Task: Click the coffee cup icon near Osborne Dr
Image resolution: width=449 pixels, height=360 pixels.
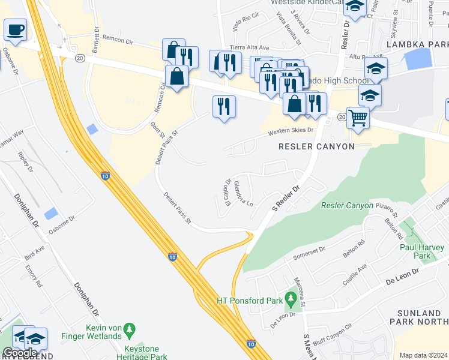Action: tap(15, 29)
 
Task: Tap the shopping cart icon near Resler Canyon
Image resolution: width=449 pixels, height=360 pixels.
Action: tap(358, 117)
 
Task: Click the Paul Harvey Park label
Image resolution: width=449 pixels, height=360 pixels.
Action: tap(422, 251)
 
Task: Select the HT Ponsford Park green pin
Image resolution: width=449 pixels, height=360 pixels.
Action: tap(291, 298)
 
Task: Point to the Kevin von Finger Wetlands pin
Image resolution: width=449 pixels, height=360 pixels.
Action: tap(128, 330)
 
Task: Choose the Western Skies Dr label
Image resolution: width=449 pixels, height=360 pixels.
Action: tap(291, 130)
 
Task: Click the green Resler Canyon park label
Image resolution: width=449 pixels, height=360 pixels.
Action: tap(347, 205)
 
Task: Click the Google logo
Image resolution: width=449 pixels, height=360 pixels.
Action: tap(20, 353)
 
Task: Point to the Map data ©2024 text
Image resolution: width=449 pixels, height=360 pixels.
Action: tap(424, 355)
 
